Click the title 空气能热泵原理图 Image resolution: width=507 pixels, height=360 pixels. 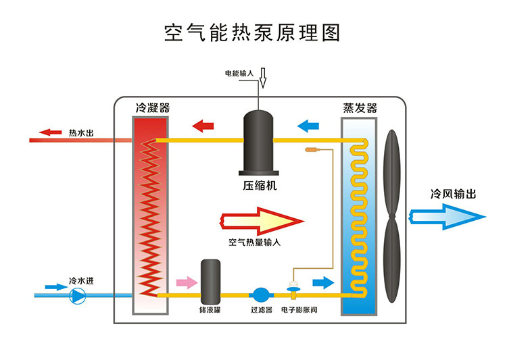(253, 32)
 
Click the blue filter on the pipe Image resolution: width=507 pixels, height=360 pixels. (261, 294)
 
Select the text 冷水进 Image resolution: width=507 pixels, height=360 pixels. (80, 280)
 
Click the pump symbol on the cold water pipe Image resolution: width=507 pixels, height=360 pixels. (79, 295)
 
